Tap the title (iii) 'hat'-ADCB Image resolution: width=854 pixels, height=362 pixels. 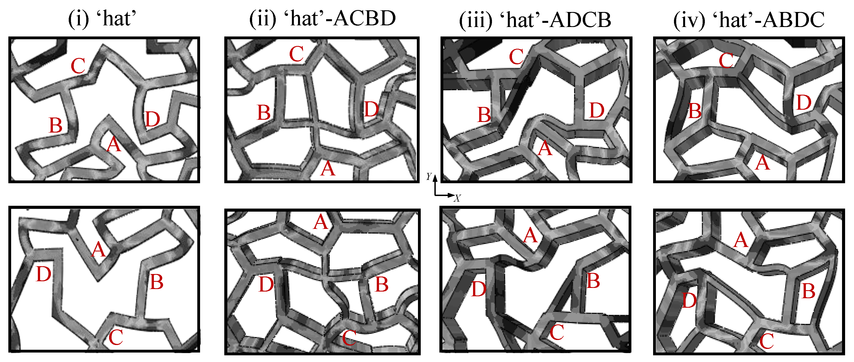pos(535,20)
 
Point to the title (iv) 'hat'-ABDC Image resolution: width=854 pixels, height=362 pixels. pos(749,20)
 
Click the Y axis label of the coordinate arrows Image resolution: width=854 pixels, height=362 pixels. pos(429,177)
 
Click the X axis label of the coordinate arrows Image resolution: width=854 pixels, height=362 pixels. pos(457,199)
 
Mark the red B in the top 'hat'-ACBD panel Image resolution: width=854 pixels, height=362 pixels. pos(264,113)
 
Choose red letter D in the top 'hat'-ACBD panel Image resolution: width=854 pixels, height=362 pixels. pos(371,109)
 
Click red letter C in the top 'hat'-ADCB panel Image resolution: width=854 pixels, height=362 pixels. pos(516,57)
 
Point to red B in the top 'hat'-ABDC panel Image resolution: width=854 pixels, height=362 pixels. pos(695,111)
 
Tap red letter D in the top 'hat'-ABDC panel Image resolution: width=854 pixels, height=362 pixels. pos(804,102)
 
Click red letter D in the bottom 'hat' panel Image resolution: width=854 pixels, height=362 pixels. pos(44,274)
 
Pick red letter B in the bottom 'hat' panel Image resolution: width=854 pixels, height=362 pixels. pos(156,282)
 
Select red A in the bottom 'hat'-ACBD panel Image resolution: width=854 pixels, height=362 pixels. pos(321,222)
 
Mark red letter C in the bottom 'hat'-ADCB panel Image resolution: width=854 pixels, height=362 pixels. pos(557,332)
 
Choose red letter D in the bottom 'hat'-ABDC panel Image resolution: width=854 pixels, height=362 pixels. pos(689,301)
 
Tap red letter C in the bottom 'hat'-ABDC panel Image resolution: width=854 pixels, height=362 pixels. pos(767,341)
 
